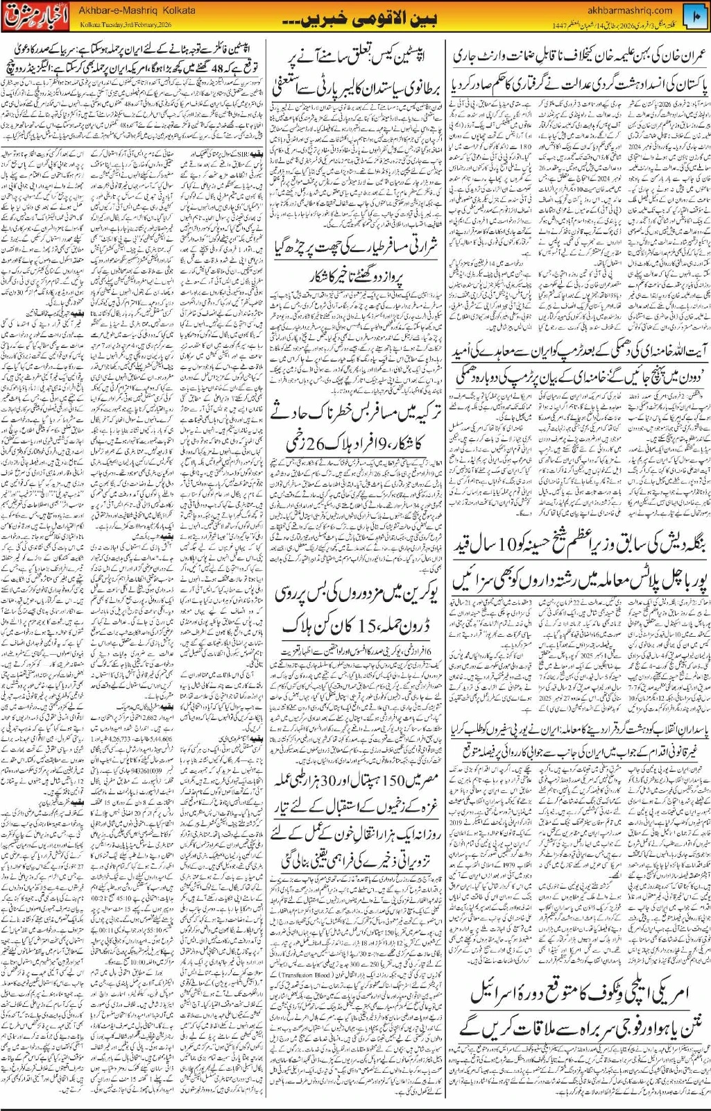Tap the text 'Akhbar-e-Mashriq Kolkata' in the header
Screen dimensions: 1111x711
point(137,10)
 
